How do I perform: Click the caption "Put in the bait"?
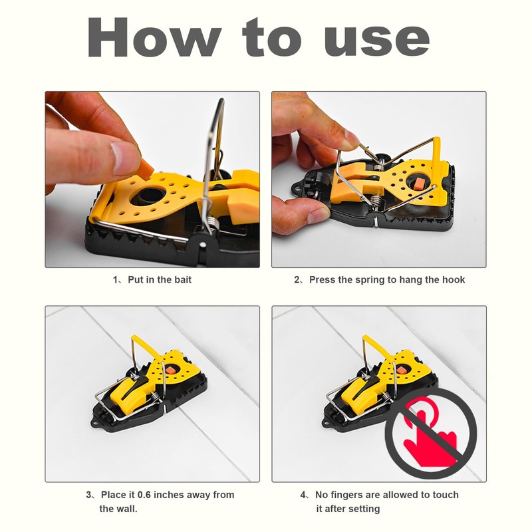tap(157, 279)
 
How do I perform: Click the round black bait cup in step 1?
tap(147, 198)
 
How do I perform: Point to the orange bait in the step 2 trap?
tap(420, 183)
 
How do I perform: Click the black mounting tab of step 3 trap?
tap(100, 420)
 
